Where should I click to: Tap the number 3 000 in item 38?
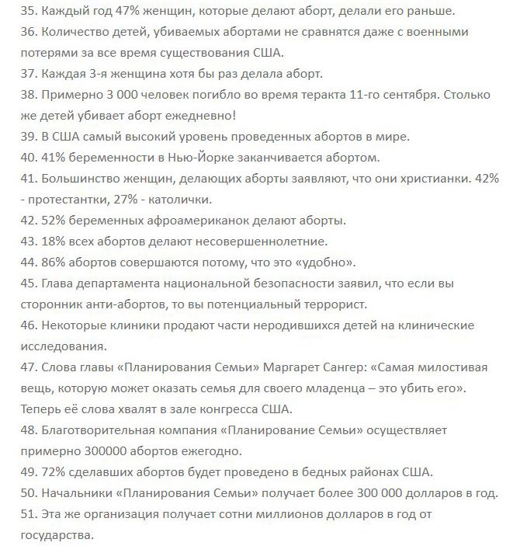point(114,95)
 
